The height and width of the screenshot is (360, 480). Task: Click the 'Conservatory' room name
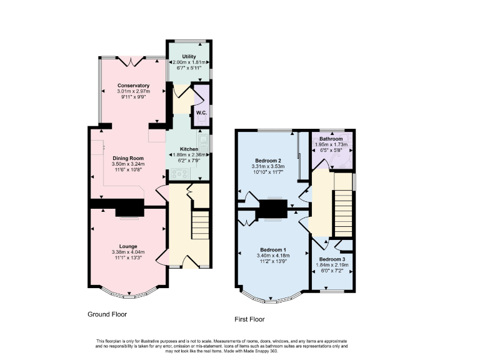(x=133, y=85)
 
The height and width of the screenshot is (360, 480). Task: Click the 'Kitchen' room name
(x=189, y=148)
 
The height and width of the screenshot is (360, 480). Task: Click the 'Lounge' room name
(x=128, y=246)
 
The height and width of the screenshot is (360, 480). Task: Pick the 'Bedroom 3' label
(x=331, y=259)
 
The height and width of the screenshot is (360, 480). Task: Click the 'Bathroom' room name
(x=331, y=138)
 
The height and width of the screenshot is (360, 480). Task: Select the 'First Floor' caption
(x=249, y=319)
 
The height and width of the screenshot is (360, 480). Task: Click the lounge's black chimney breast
(x=128, y=207)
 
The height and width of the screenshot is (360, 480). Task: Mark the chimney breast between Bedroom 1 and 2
(x=274, y=208)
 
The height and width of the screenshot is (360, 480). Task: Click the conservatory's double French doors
(x=132, y=61)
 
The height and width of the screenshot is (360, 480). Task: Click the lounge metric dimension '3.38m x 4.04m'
(x=128, y=252)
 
